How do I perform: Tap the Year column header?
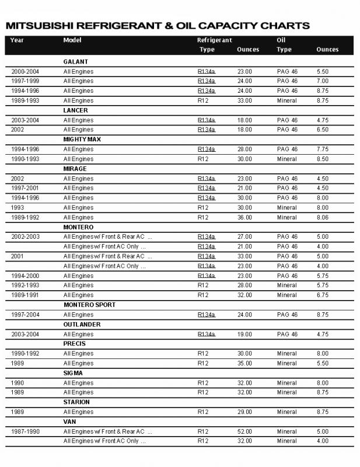pyautogui.click(x=17, y=40)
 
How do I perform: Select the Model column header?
pyautogui.click(x=72, y=40)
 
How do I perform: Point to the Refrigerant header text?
pyautogui.click(x=215, y=40)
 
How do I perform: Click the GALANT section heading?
pyautogui.click(x=75, y=61)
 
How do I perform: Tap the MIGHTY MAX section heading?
pyautogui.click(x=81, y=139)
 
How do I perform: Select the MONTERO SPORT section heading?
pyautogui.click(x=89, y=305)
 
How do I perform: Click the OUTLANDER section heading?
pyautogui.click(x=82, y=324)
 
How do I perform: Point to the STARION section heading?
pyautogui.click(x=76, y=402)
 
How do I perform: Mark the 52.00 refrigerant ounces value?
pyautogui.click(x=244, y=431)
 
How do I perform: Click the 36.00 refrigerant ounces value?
pyautogui.click(x=244, y=217)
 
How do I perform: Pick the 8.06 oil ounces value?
pyautogui.click(x=323, y=217)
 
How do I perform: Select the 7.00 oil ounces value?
pyautogui.click(x=323, y=81)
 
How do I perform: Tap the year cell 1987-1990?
pyautogui.click(x=25, y=431)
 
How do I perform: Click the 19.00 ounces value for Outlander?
pyautogui.click(x=244, y=334)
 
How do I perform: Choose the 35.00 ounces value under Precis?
pyautogui.click(x=244, y=363)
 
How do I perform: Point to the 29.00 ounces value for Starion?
pyautogui.click(x=244, y=412)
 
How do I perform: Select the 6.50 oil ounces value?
pyautogui.click(x=323, y=130)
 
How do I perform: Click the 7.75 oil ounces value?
pyautogui.click(x=323, y=149)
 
